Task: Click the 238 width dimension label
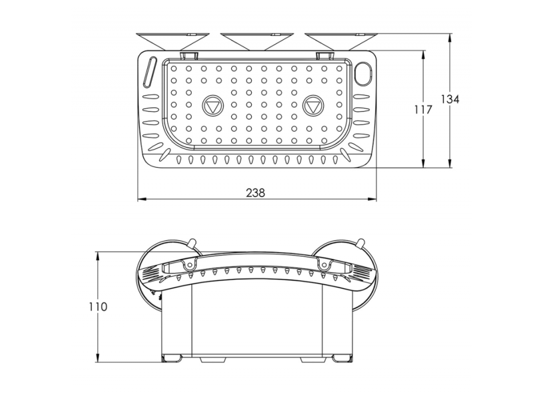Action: click(255, 193)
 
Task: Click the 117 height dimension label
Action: click(423, 110)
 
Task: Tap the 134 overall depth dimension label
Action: click(450, 99)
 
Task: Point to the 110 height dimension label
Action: click(99, 307)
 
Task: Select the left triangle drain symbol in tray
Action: click(213, 106)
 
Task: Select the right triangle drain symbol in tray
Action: click(313, 106)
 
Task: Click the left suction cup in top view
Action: click(173, 42)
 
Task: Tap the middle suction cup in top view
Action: click(257, 42)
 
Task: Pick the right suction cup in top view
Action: click(341, 42)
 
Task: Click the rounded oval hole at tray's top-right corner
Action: click(363, 73)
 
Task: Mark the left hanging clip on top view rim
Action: click(189, 55)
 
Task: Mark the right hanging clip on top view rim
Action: click(325, 55)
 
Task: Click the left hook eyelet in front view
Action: click(189, 265)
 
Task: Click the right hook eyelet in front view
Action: click(324, 265)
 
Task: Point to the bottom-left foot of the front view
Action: click(172, 358)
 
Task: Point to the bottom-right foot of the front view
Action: click(342, 358)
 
